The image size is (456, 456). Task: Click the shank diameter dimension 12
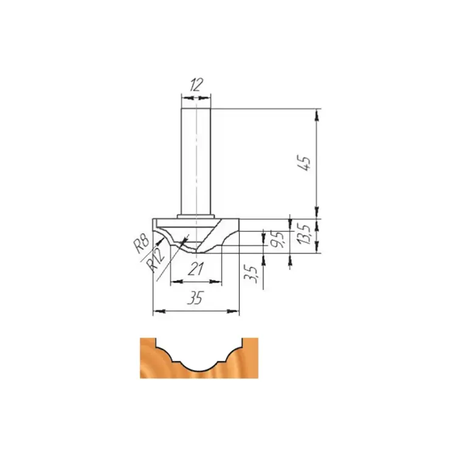pyautogui.click(x=196, y=85)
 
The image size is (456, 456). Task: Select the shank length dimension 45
pyautogui.click(x=304, y=164)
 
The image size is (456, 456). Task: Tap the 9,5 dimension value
pyautogui.click(x=279, y=239)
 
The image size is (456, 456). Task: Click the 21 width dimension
pyautogui.click(x=195, y=269)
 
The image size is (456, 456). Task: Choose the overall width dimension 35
pyautogui.click(x=195, y=297)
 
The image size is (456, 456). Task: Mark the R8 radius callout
pyautogui.click(x=142, y=243)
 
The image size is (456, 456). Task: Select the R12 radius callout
pyautogui.click(x=154, y=260)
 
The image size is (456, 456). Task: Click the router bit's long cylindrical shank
pyautogui.click(x=196, y=161)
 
